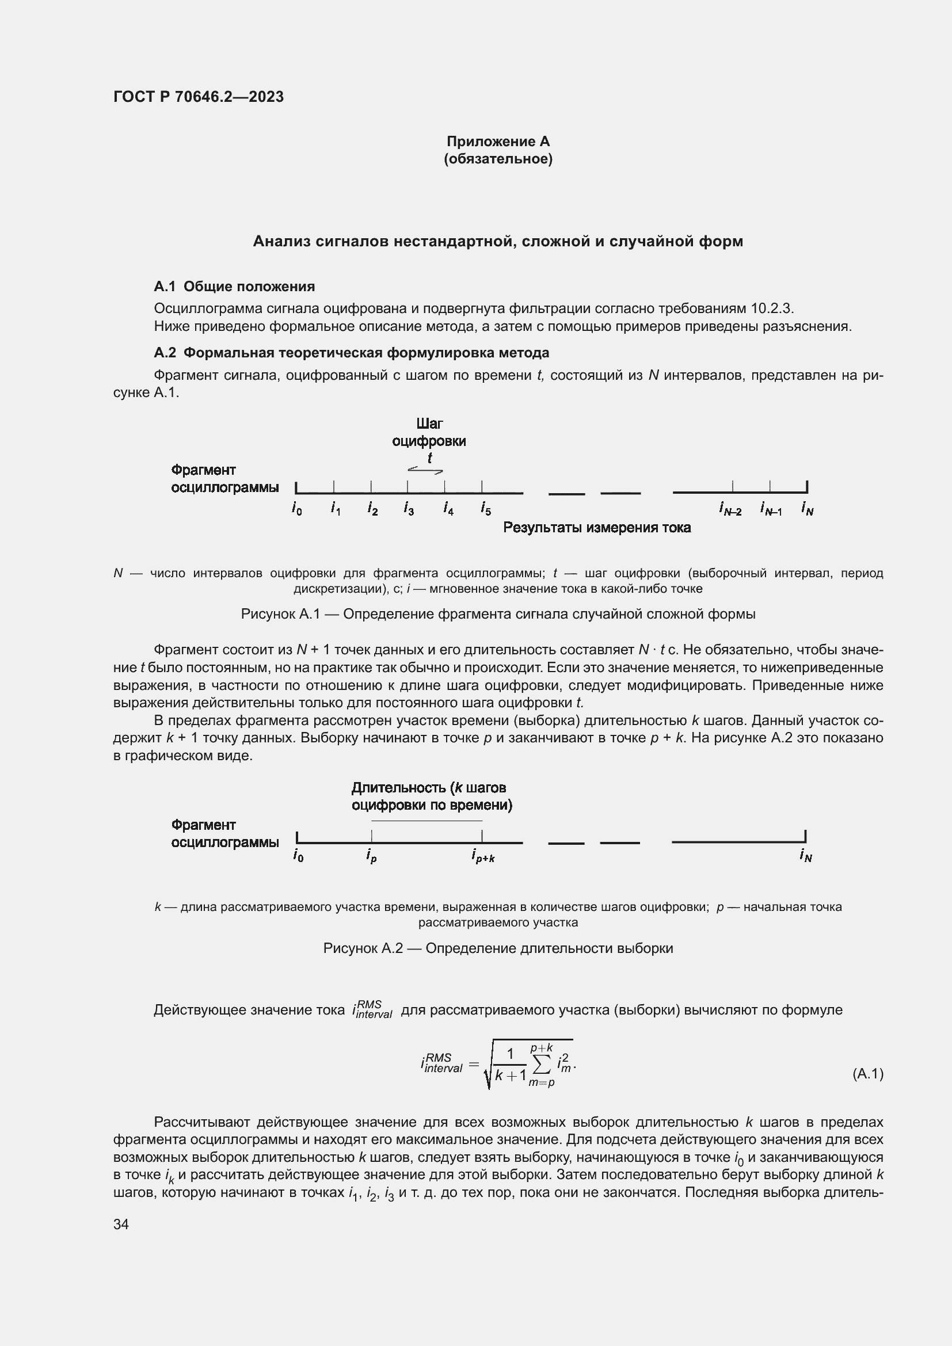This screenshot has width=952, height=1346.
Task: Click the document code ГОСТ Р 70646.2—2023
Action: pos(198,97)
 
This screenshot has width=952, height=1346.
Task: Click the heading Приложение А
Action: pos(498,142)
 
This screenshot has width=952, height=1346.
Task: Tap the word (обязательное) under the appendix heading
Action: pos(498,159)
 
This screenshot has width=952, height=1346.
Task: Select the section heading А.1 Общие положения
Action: pos(234,286)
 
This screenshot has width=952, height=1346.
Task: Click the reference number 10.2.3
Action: pos(771,308)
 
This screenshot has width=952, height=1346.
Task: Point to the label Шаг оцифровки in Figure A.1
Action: pos(429,432)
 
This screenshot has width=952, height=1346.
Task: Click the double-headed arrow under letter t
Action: pos(425,470)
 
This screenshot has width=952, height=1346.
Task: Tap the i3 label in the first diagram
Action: pos(409,509)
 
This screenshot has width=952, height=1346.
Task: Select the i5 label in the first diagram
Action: pos(486,509)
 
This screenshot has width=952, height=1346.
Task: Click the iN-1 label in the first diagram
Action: pos(771,509)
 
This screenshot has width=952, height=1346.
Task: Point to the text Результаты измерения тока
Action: pos(597,528)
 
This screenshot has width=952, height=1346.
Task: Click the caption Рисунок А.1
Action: pos(498,614)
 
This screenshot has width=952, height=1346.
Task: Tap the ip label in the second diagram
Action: pos(371,856)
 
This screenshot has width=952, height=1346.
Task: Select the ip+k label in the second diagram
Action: pos(483,856)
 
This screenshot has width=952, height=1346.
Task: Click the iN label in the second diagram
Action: pos(805,856)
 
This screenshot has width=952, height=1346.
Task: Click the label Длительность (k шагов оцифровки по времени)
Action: pos(432,796)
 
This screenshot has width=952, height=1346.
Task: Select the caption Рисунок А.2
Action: pos(498,948)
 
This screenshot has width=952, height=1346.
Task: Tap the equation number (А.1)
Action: pos(867,1073)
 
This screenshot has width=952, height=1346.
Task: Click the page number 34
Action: pos(121,1224)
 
